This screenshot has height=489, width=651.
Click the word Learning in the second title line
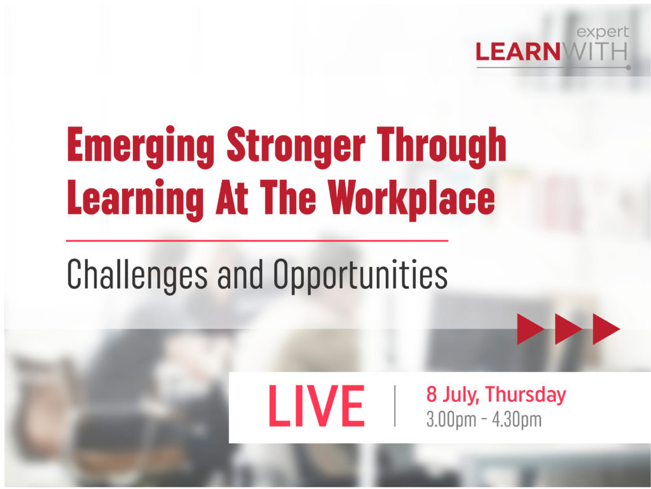[x=132, y=198]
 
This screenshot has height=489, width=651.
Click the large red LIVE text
[x=316, y=406]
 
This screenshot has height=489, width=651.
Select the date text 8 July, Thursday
[x=496, y=395]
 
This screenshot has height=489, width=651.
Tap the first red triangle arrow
[x=531, y=329]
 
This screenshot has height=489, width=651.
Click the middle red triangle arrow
[x=568, y=329]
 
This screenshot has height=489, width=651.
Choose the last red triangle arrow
[x=606, y=329]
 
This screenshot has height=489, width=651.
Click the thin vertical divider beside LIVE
[x=395, y=406]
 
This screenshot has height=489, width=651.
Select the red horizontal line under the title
[x=257, y=241]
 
